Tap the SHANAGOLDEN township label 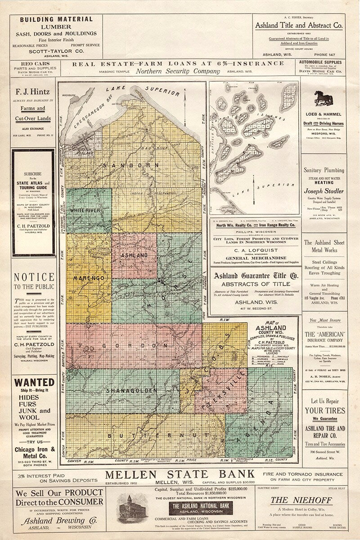pyautogui.click(x=131, y=390)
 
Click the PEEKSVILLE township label pyautogui.click(x=224, y=390)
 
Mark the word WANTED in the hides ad pyautogui.click(x=34, y=382)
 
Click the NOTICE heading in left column pyautogui.click(x=34, y=277)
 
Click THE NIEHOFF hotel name pyautogui.click(x=301, y=499)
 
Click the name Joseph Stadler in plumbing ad pyautogui.click(x=324, y=190)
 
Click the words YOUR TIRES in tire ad pyautogui.click(x=324, y=410)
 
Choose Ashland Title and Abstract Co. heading pyautogui.click(x=299, y=26)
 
